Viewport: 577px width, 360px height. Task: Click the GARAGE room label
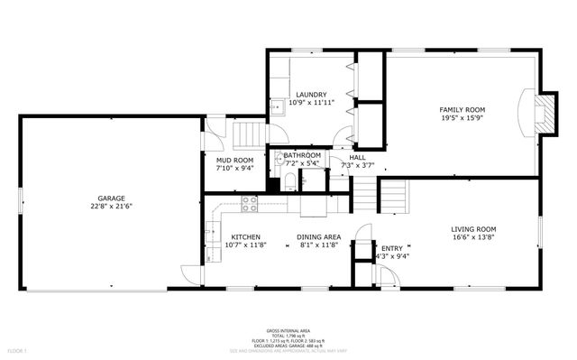(112, 198)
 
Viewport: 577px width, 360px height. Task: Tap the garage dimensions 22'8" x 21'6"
(112, 207)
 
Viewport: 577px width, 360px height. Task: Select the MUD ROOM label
(234, 160)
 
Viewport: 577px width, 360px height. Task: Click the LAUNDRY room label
(311, 94)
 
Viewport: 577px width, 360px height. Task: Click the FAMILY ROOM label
(463, 108)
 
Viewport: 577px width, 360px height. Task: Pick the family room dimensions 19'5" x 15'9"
(463, 117)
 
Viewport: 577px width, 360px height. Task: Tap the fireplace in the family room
(539, 112)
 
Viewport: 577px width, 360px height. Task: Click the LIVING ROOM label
(473, 229)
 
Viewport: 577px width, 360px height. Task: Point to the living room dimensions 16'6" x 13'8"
(473, 238)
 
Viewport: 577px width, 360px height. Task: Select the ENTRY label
(392, 248)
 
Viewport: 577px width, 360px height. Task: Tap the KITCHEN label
(245, 236)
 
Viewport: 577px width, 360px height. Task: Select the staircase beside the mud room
(247, 136)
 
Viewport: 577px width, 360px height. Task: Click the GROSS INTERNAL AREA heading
(288, 330)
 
